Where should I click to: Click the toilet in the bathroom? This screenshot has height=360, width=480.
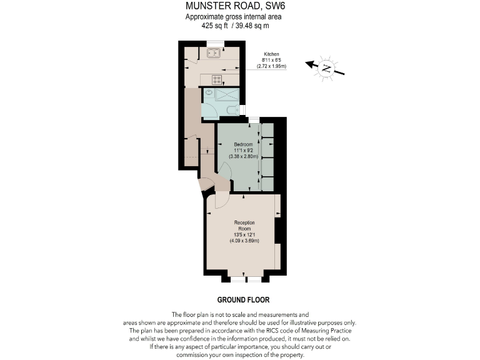(232, 111)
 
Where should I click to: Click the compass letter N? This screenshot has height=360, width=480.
(325, 69)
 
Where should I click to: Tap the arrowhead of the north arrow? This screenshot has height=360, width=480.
(307, 62)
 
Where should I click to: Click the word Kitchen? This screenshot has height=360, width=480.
(271, 54)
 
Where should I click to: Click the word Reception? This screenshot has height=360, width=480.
(244, 222)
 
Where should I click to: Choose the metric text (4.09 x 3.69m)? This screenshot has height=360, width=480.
(244, 240)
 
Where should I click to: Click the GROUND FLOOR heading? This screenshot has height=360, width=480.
(243, 300)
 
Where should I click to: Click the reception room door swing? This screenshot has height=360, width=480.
(221, 201)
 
